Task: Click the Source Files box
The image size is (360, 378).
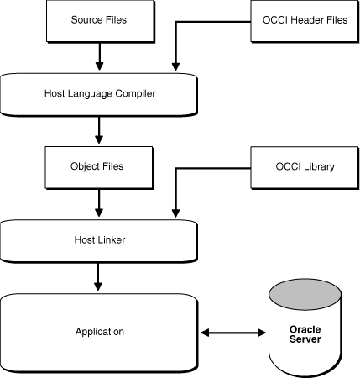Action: [x=99, y=19]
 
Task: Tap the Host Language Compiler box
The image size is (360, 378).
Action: [x=99, y=93]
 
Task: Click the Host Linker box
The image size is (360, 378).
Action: [x=99, y=240]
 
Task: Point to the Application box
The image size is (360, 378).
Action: [x=99, y=332]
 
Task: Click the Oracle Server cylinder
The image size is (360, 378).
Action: [x=305, y=332]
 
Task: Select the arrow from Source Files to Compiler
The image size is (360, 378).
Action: [x=100, y=55]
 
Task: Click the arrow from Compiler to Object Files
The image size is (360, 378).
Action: [x=100, y=129]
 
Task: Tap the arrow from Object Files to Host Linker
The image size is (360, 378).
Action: [x=100, y=202]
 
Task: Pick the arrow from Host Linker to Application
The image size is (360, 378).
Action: [x=100, y=276]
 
